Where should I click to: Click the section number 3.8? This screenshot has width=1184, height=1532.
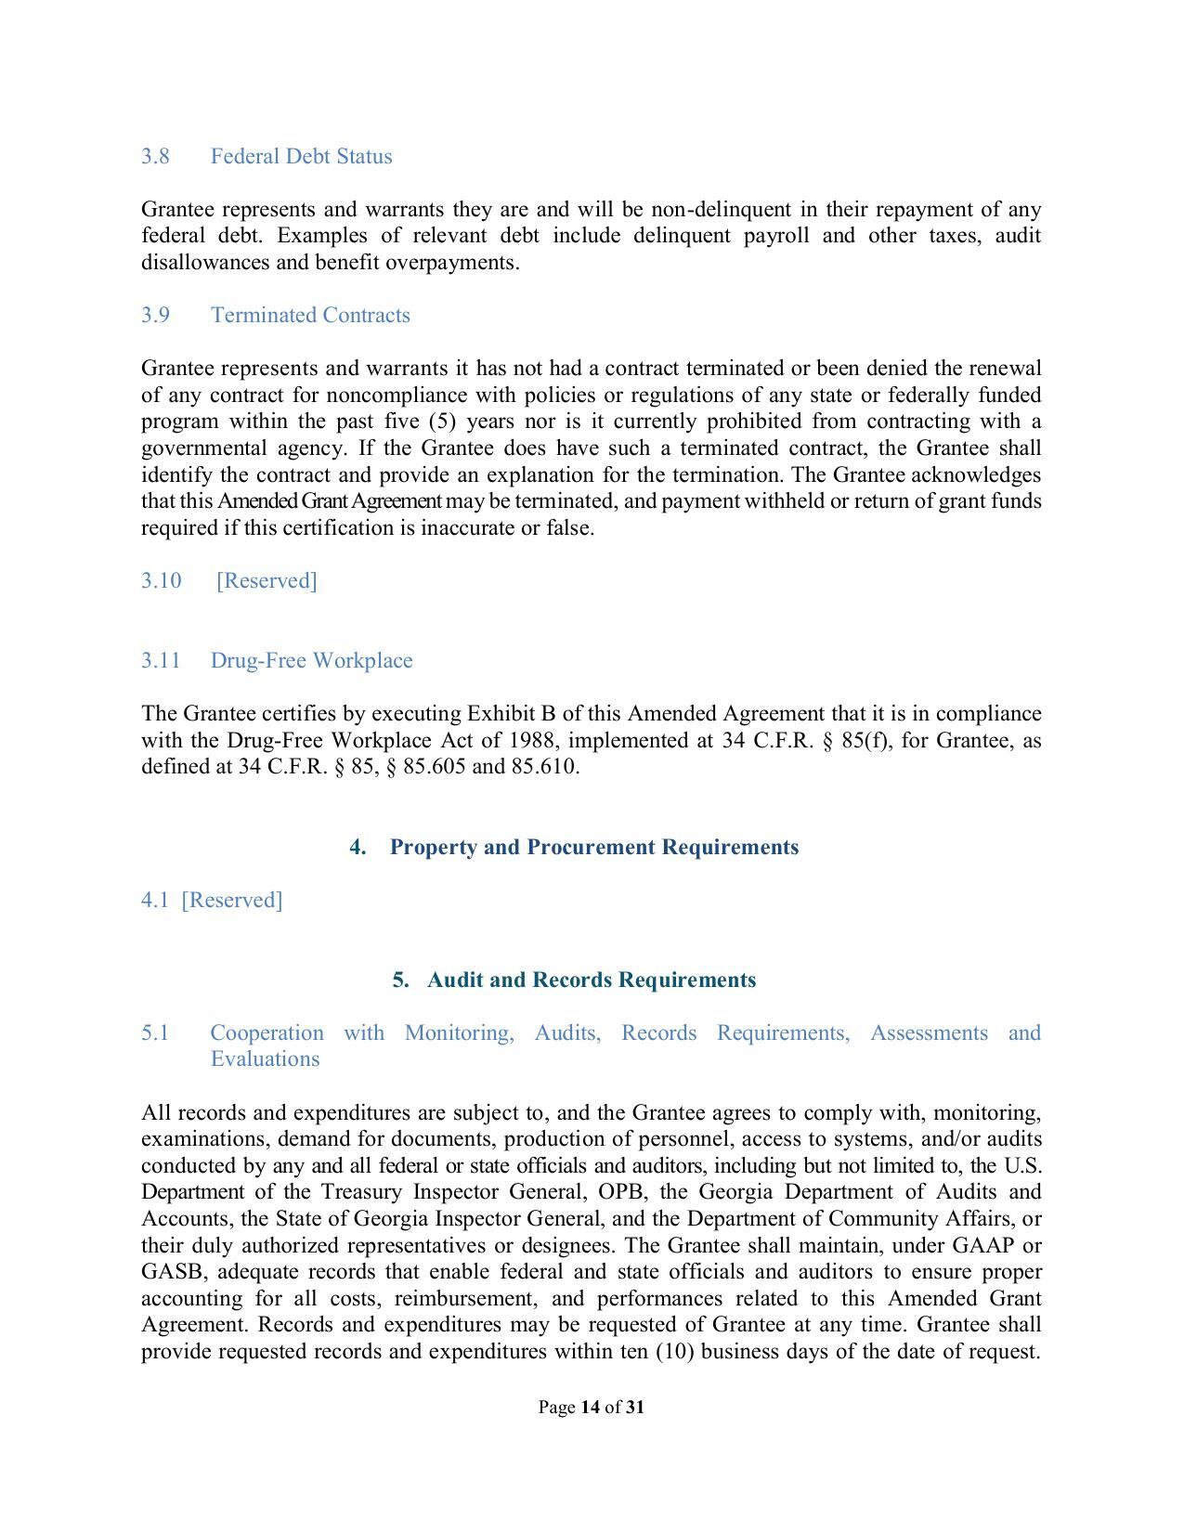tap(155, 156)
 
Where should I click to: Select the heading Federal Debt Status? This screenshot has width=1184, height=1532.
tap(301, 156)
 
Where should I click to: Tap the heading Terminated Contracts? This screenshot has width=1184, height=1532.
tap(310, 315)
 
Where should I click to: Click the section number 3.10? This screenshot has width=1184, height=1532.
tap(161, 580)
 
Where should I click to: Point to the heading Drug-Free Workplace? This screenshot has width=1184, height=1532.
tap(311, 660)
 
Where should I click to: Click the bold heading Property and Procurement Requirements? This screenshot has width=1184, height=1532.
tap(593, 847)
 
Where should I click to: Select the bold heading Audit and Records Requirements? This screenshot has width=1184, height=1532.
tap(592, 980)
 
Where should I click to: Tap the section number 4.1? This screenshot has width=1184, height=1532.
tap(154, 900)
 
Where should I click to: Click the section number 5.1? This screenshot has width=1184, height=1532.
tap(155, 1032)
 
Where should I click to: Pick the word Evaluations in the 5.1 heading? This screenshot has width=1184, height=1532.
tap(265, 1058)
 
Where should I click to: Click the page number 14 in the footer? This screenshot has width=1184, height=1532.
tap(590, 1407)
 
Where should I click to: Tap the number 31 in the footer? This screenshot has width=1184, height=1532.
tap(635, 1407)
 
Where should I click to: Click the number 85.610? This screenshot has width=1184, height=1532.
tap(543, 766)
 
